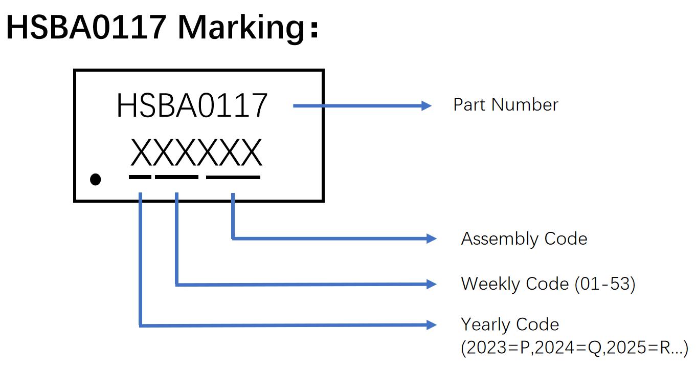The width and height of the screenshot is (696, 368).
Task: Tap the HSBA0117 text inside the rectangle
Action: point(192,106)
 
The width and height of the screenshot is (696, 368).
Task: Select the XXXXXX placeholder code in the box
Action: point(196,153)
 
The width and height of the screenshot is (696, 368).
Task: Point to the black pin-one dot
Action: point(95,179)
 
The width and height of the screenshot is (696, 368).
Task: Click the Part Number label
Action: point(505,105)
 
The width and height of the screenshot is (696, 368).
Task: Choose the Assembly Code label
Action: point(524,239)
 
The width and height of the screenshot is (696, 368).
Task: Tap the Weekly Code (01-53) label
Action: point(548,284)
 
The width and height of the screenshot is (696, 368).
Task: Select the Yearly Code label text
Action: point(510,324)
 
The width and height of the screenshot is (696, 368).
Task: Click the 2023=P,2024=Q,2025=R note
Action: point(574,348)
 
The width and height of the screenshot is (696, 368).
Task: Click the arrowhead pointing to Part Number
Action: point(426,106)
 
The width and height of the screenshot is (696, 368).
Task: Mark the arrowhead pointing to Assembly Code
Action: point(431,239)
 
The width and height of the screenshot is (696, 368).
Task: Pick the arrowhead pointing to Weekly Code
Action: point(431,284)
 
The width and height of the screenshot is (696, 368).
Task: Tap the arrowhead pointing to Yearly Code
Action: point(431,325)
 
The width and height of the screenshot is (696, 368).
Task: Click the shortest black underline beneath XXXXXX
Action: point(140,177)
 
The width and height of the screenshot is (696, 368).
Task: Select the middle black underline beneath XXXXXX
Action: point(176,177)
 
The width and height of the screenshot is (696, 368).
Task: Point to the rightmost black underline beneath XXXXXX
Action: point(233,177)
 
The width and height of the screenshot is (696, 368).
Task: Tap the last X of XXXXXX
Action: point(251,153)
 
